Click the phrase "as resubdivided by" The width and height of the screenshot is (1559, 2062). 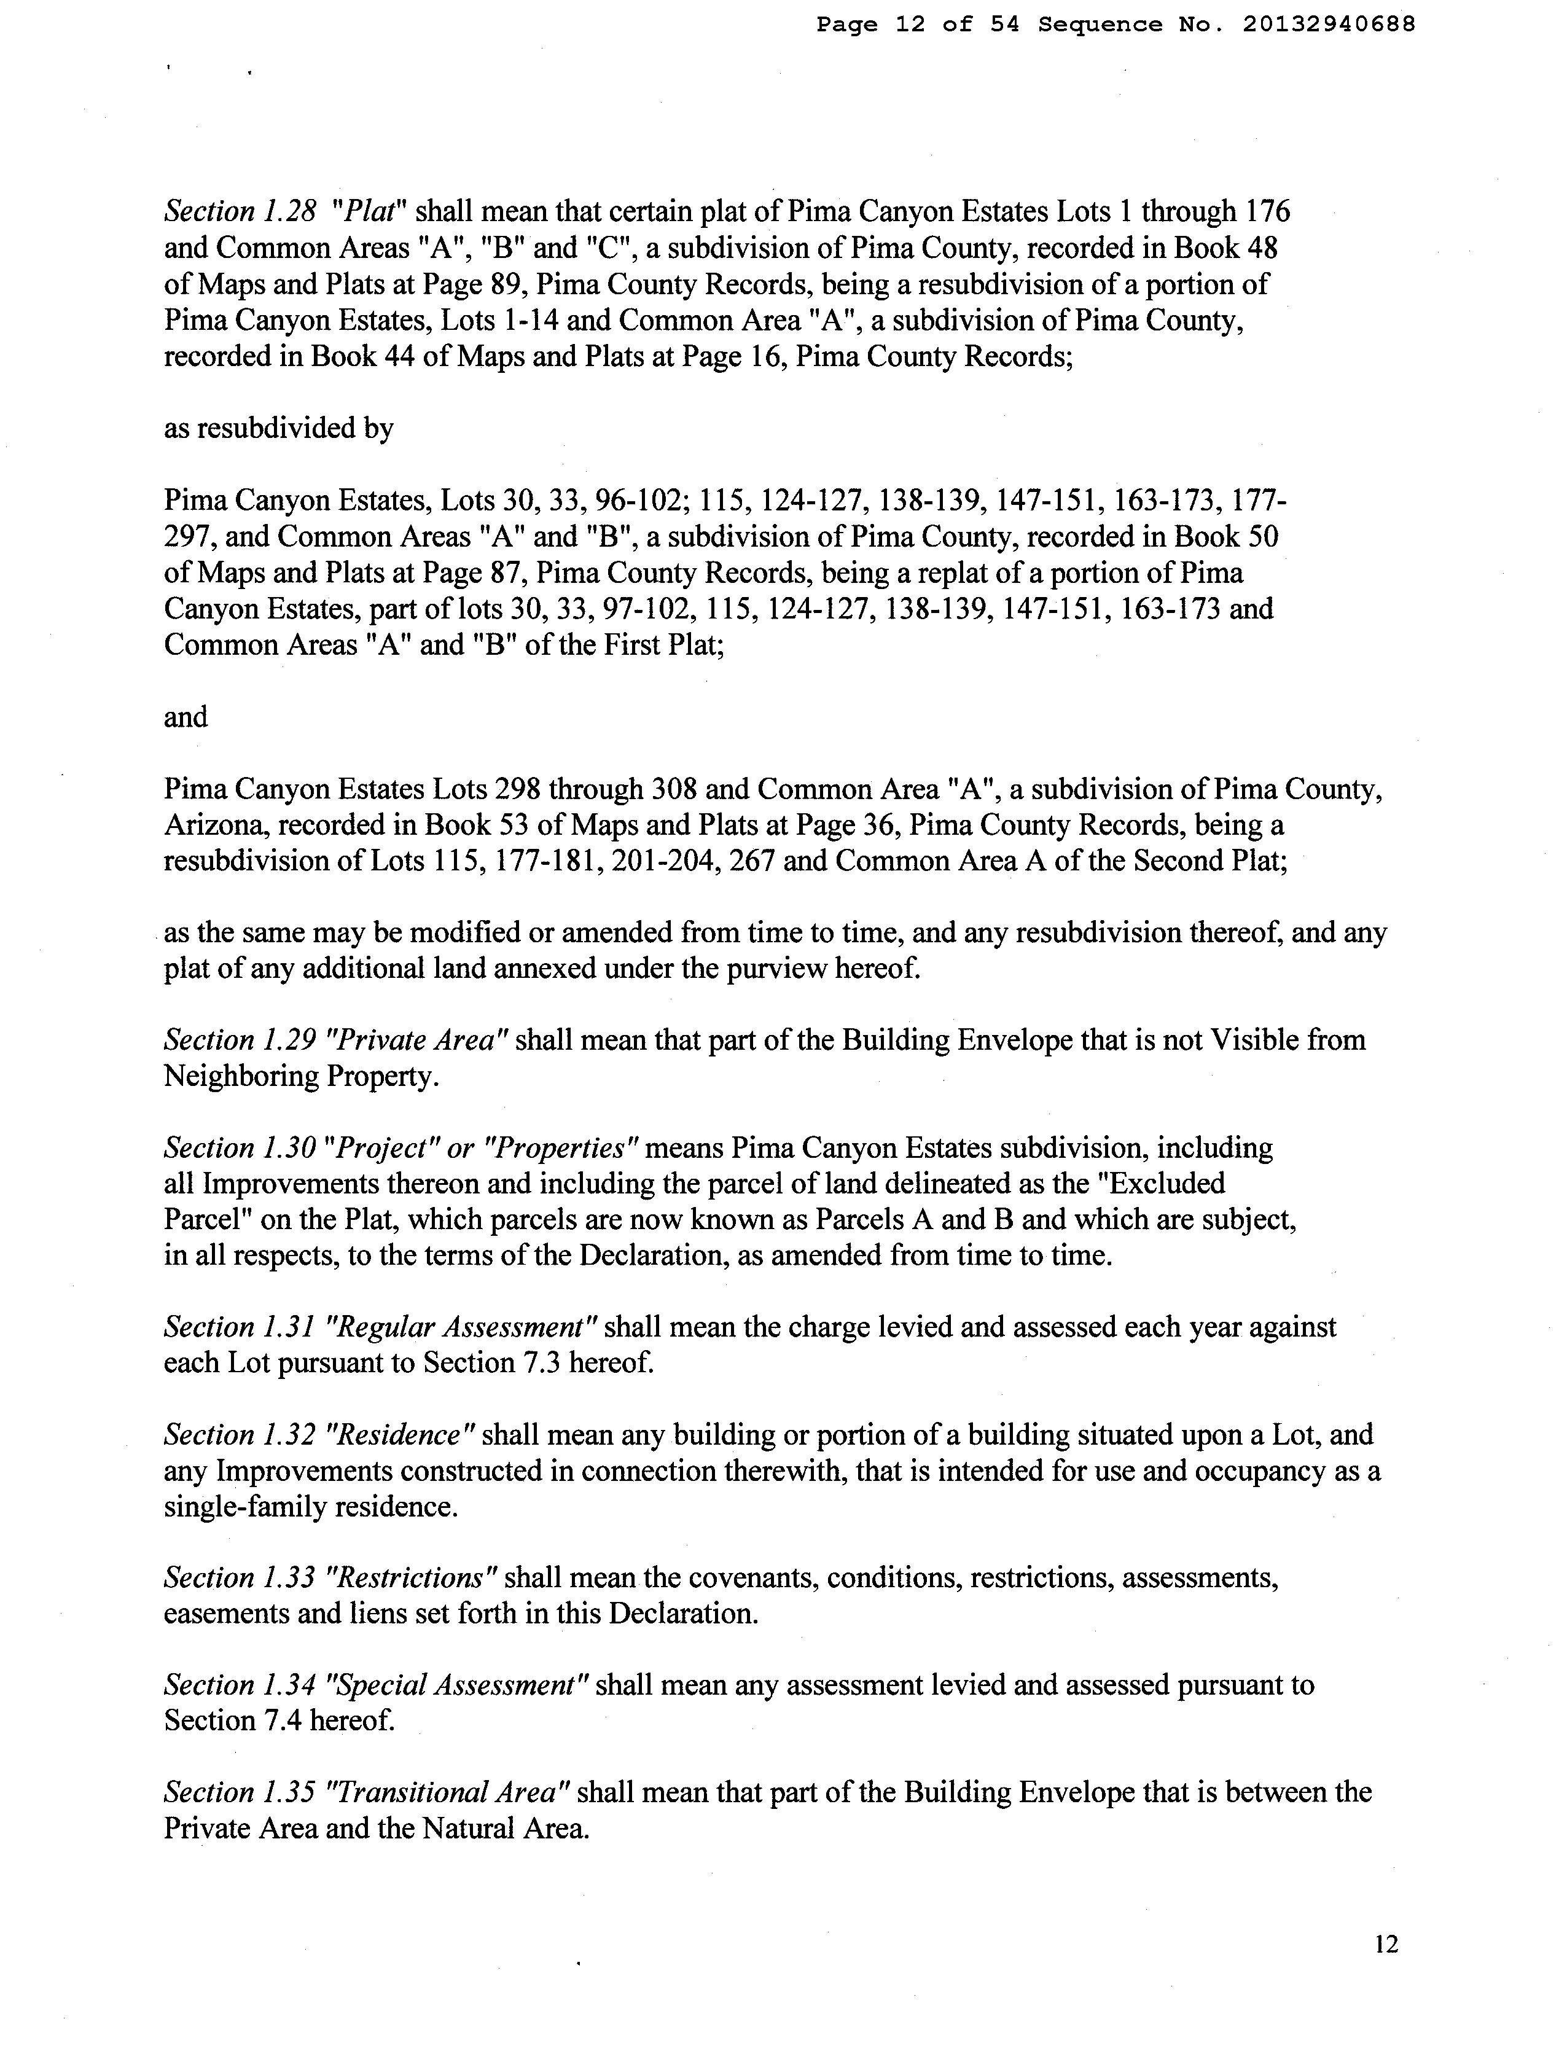[279, 429]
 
